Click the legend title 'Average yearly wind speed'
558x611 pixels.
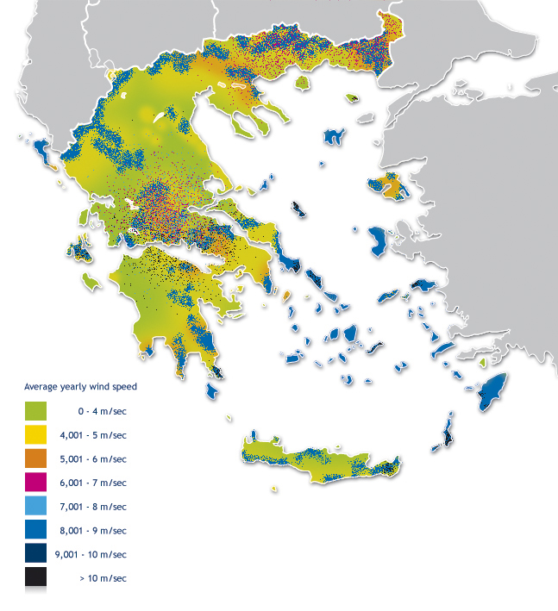click(80, 386)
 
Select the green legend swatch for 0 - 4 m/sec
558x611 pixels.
click(35, 411)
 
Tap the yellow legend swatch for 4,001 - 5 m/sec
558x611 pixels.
click(35, 435)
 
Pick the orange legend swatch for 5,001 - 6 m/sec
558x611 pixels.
click(35, 458)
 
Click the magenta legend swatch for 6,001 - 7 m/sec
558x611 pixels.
click(35, 483)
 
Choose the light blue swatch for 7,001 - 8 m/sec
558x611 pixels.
click(35, 507)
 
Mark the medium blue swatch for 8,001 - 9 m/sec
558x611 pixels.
click(35, 530)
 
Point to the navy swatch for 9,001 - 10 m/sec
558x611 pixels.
click(35, 554)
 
